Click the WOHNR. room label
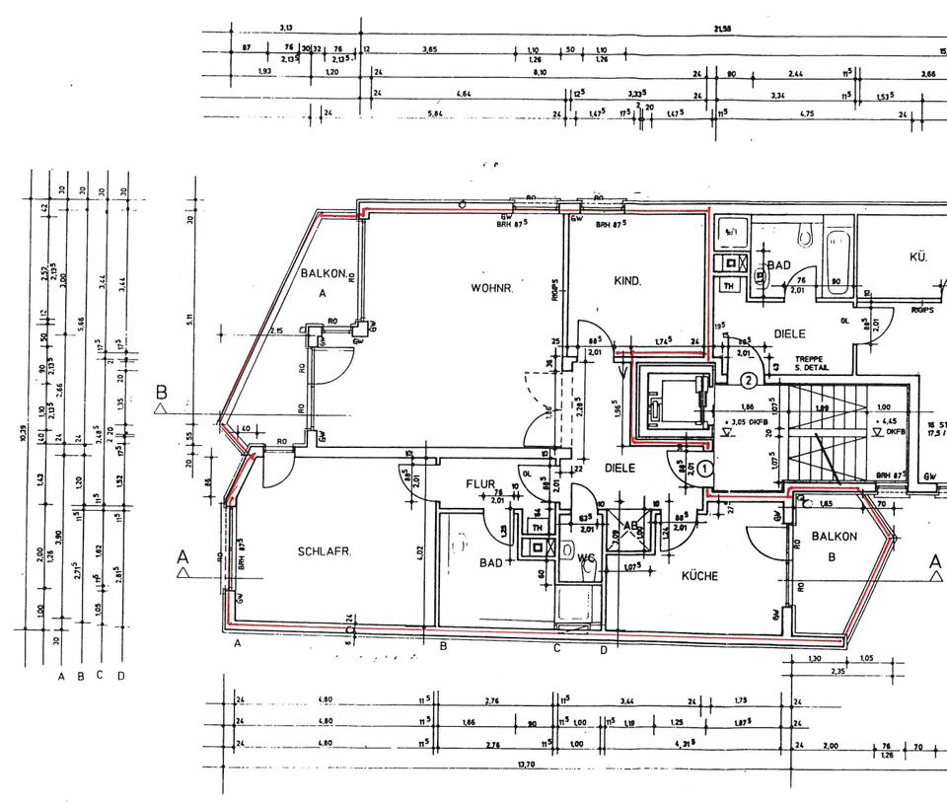(x=489, y=287)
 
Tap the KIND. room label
(x=628, y=281)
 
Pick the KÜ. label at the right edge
(x=918, y=256)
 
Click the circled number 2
(x=750, y=379)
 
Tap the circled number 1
(x=705, y=470)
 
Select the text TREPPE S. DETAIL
(x=808, y=364)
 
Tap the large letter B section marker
(x=163, y=393)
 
